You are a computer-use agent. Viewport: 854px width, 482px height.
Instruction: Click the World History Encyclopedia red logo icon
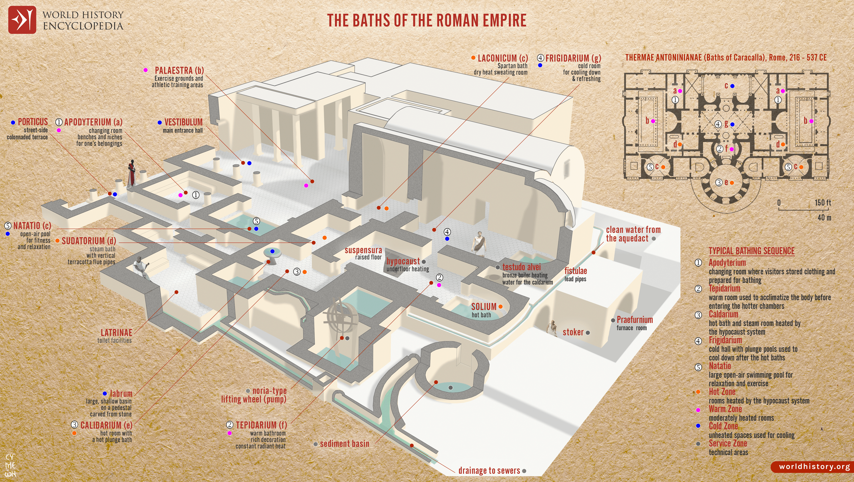(22, 20)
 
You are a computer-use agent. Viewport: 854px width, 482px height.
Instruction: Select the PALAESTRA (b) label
(179, 70)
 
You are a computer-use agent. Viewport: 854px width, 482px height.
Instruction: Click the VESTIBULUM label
(183, 122)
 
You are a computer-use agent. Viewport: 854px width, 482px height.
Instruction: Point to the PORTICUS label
(33, 122)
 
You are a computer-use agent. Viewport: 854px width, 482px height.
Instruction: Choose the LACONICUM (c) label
(503, 58)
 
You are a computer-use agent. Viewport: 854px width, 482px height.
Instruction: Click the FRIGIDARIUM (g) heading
(573, 58)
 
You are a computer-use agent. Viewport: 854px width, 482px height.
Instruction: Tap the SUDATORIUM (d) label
(89, 241)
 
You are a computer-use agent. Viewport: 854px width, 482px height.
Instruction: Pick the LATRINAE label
(116, 333)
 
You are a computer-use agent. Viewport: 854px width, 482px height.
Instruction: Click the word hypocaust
(403, 261)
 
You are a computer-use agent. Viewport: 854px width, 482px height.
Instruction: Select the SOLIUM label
(484, 307)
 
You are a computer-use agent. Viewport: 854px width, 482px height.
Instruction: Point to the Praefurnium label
(634, 320)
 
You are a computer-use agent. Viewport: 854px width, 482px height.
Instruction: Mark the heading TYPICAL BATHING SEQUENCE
(751, 251)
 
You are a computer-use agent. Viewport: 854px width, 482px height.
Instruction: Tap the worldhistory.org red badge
(813, 466)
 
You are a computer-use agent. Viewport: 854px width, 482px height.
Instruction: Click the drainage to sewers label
(489, 470)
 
